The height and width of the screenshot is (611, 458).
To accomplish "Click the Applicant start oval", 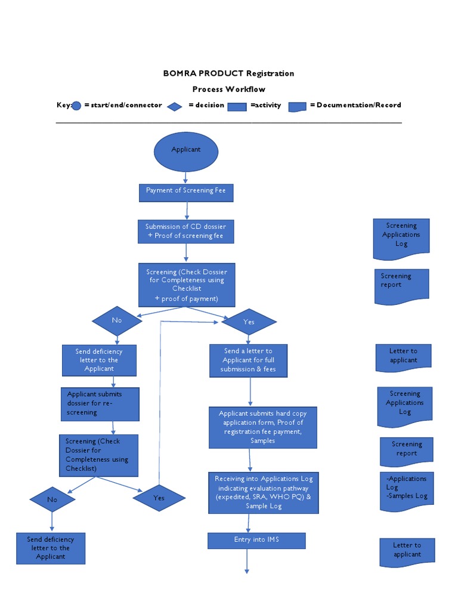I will click(186, 151).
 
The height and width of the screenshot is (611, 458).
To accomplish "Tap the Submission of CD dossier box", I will click(186, 232).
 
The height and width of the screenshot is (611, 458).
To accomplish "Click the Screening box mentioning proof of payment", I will click(187, 285).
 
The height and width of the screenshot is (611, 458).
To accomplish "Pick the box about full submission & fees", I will click(248, 360).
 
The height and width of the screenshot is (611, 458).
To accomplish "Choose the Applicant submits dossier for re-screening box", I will click(100, 404).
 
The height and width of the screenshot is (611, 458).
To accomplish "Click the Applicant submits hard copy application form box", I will click(262, 427).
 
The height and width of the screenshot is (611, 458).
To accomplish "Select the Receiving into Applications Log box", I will click(263, 492).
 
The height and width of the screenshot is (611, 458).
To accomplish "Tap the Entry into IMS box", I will click(256, 541).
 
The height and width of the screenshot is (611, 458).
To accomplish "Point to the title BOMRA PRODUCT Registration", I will click(228, 73).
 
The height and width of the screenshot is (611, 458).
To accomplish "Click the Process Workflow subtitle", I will click(228, 90).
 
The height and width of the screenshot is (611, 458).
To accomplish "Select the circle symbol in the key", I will click(76, 106).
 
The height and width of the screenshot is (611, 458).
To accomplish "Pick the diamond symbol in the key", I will click(174, 106).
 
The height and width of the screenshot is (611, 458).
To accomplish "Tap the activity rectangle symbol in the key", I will click(237, 106).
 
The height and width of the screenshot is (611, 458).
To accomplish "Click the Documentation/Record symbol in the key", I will click(297, 106).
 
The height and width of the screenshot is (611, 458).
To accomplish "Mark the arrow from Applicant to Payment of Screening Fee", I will click(186, 177).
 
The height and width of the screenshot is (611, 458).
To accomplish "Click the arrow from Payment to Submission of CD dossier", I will click(187, 210).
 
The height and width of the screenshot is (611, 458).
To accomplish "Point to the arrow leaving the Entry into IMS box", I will click(246, 561).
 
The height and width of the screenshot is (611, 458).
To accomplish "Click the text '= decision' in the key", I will click(206, 105).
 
